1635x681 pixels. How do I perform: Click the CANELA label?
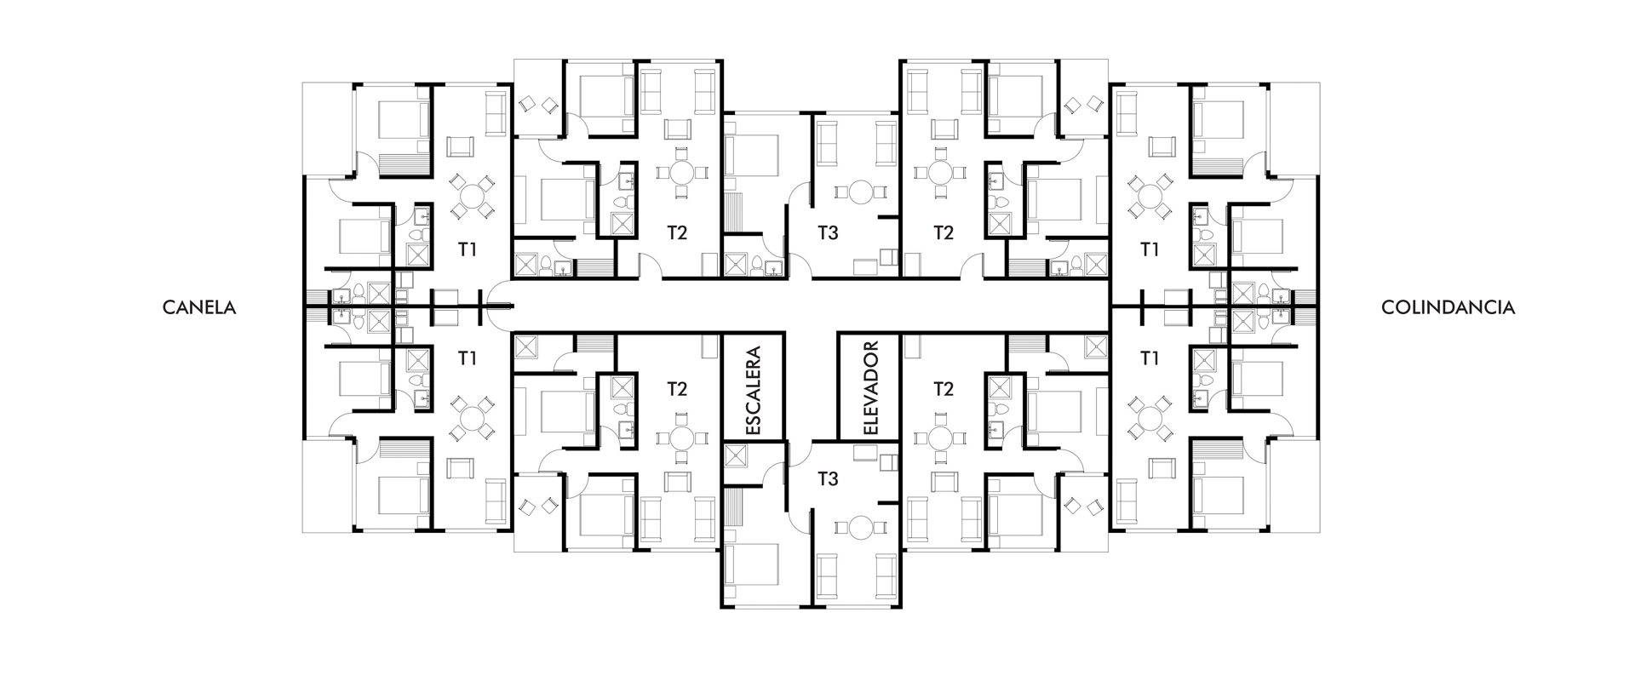point(199,308)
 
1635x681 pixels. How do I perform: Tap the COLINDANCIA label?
point(1448,308)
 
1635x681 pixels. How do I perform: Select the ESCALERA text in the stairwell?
point(753,390)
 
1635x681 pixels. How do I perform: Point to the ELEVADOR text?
point(869,389)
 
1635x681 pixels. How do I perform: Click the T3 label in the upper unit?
point(828,232)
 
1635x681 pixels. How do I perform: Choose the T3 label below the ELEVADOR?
point(828,479)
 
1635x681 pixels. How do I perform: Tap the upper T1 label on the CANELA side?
point(467,249)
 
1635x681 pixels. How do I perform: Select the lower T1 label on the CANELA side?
point(467,358)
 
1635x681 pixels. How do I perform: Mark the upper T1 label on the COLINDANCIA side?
point(1150,249)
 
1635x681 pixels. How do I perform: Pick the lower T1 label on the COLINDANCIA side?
point(1150,358)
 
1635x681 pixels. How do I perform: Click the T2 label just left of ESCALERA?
point(677,389)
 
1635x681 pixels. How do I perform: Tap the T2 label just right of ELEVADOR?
point(943,389)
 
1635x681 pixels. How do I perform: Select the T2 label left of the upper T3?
point(677,232)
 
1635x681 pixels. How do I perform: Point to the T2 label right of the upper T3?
point(943,232)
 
